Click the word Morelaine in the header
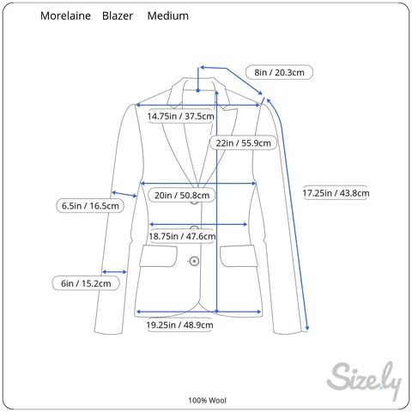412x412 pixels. coord(65,15)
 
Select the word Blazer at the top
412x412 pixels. coord(118,15)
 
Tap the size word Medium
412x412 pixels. coord(168,15)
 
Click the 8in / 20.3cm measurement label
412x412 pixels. coord(279,72)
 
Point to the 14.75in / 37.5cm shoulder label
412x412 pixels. coord(181,116)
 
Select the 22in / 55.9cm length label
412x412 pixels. coord(243,142)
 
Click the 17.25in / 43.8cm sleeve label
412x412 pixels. coord(336,193)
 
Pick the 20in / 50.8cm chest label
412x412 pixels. coord(182,195)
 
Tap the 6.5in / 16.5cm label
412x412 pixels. coord(90,206)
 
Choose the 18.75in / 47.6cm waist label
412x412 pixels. coord(182,236)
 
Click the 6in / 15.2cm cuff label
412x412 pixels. coord(86,283)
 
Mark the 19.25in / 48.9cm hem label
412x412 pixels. coord(179,324)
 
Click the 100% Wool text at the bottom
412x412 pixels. coord(207,400)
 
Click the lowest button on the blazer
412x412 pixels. coord(194,261)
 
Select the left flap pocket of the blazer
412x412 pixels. coord(158,256)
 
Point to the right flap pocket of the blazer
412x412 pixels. coord(239,256)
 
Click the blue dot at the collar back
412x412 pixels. coord(197,90)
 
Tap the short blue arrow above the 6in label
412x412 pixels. coord(114,272)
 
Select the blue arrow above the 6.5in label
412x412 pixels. coord(124,194)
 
